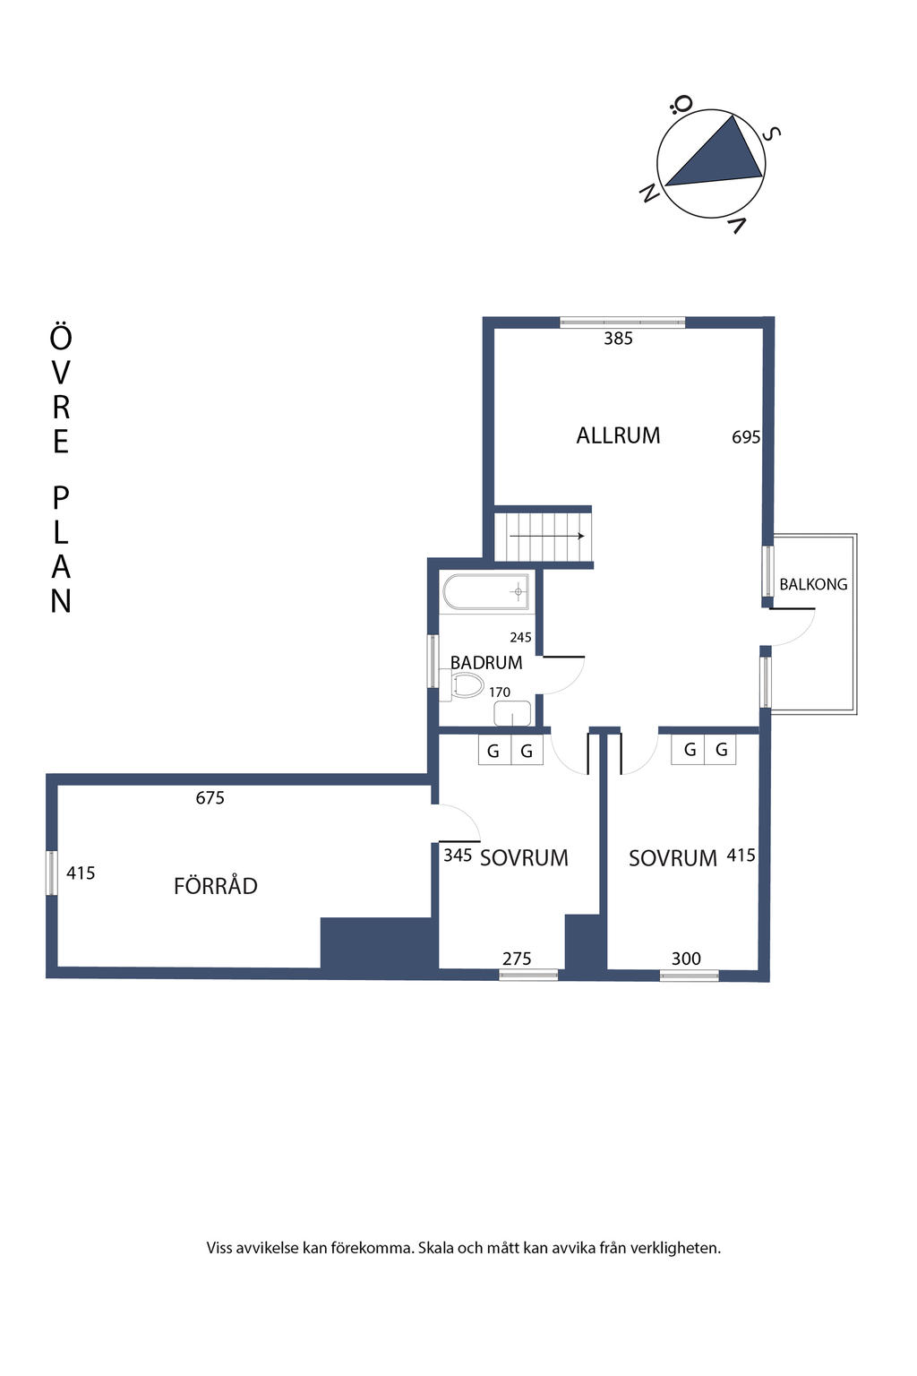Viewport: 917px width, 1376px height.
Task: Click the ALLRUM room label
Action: tap(618, 435)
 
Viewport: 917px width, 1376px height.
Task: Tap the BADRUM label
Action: tap(485, 663)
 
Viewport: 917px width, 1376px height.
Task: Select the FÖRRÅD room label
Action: tap(215, 886)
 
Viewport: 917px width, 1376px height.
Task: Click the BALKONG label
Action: tap(812, 584)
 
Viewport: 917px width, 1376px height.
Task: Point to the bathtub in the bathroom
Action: tap(485, 592)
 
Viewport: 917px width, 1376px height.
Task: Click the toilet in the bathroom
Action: tap(465, 686)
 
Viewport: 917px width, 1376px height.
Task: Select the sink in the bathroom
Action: tap(512, 714)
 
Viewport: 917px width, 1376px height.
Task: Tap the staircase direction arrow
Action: tap(546, 537)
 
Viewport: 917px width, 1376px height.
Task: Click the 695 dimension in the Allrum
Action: tap(745, 437)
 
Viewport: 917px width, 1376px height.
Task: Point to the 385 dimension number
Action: tap(618, 339)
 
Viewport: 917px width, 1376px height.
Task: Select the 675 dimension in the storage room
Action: tap(210, 798)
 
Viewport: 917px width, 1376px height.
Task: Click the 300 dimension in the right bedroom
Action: tap(686, 959)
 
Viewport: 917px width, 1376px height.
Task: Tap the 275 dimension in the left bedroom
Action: tap(517, 959)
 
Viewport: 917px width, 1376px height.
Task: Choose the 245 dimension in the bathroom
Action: tap(520, 638)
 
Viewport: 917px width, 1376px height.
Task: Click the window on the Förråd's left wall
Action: tap(52, 873)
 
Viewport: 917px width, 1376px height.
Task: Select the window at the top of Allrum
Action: tap(622, 322)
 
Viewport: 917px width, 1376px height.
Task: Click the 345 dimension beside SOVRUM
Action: tap(457, 856)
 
